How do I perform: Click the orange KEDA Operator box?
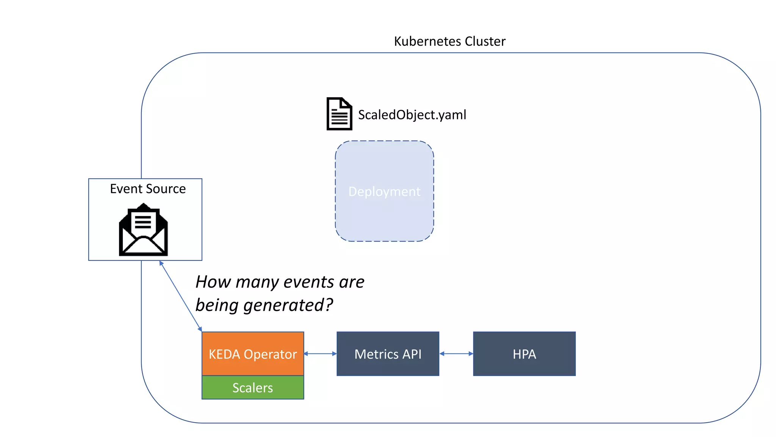253,353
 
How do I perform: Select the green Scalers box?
253,387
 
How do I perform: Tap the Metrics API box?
388,354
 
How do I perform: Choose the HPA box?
524,354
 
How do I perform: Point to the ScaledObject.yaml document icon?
339,114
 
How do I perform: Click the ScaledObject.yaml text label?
412,115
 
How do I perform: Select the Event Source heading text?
148,189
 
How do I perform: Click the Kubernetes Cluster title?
449,41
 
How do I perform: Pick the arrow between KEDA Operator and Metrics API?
320,354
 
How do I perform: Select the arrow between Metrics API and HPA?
456,354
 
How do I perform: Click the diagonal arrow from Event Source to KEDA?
180,296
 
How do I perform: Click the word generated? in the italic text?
288,305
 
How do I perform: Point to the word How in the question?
213,282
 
